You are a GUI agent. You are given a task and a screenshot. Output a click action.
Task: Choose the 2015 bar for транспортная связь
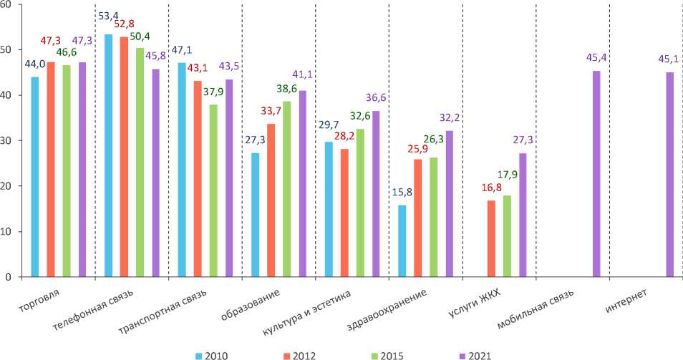[x=213, y=190]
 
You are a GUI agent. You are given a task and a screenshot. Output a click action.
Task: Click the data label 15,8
[x=402, y=193]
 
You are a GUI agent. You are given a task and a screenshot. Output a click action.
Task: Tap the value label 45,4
[x=596, y=57]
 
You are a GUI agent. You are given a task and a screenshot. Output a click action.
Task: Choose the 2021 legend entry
[x=477, y=354]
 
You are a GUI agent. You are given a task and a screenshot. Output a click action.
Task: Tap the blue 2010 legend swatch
[x=198, y=354]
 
